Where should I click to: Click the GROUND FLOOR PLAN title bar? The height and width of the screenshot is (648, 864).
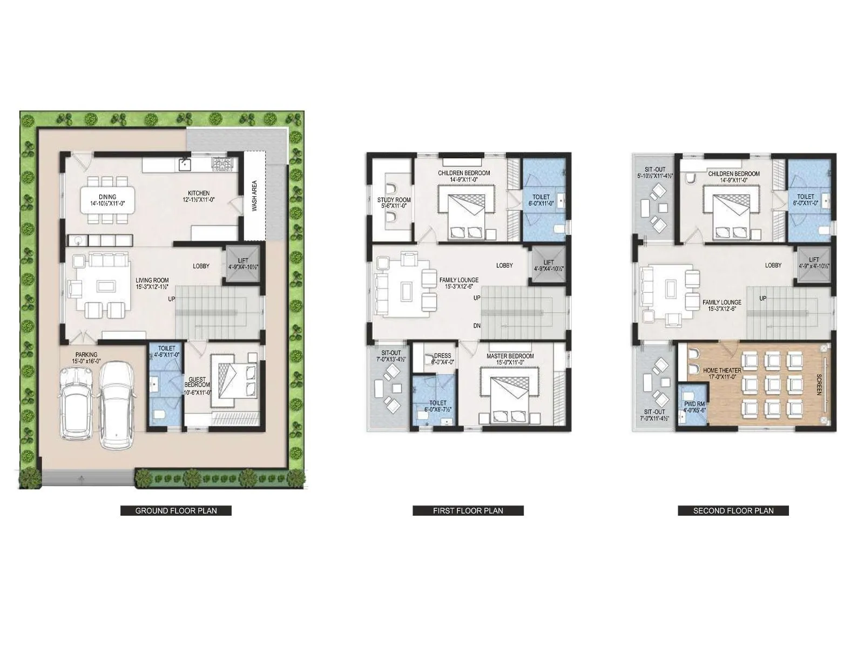[175, 510]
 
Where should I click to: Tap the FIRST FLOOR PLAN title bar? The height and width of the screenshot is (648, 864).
[468, 510]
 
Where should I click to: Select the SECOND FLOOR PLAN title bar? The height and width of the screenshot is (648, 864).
[733, 510]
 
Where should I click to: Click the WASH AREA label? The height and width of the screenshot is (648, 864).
[254, 195]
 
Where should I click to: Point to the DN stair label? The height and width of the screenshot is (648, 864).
[476, 326]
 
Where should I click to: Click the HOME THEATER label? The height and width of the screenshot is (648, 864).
[721, 370]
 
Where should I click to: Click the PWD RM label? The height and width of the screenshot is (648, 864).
[693, 403]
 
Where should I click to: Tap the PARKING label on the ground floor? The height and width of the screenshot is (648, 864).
[86, 355]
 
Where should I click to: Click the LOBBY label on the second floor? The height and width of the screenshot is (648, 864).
[773, 265]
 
